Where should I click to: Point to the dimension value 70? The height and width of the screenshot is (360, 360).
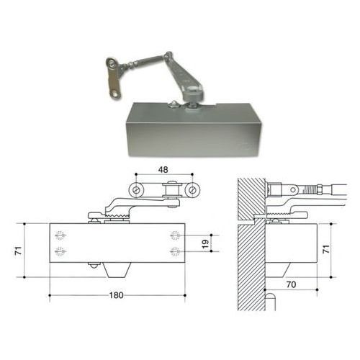coord(291,284)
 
